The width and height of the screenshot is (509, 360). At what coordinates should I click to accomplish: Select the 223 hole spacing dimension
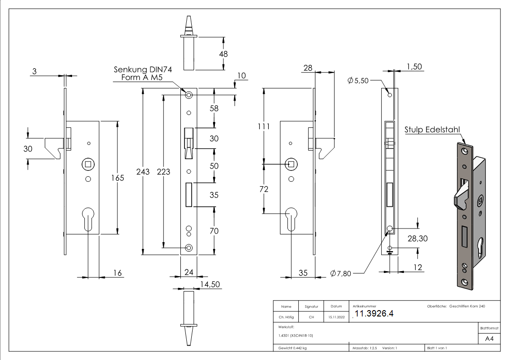click(164, 171)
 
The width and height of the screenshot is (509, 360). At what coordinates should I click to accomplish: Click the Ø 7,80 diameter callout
click(341, 273)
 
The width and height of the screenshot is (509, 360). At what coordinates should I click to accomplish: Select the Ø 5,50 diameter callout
click(359, 81)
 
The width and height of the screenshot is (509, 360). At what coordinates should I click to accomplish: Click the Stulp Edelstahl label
click(432, 130)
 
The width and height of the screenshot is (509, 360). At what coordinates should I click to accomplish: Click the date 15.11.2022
click(336, 317)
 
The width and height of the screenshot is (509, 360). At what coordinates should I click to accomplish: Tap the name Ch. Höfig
click(286, 317)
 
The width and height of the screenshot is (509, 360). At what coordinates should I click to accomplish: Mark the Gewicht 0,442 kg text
click(292, 348)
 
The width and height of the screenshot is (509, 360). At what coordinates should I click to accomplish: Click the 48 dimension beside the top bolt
click(223, 54)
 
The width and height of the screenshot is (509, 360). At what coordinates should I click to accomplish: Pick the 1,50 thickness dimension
click(414, 67)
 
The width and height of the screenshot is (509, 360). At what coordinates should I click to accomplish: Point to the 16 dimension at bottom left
click(117, 272)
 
